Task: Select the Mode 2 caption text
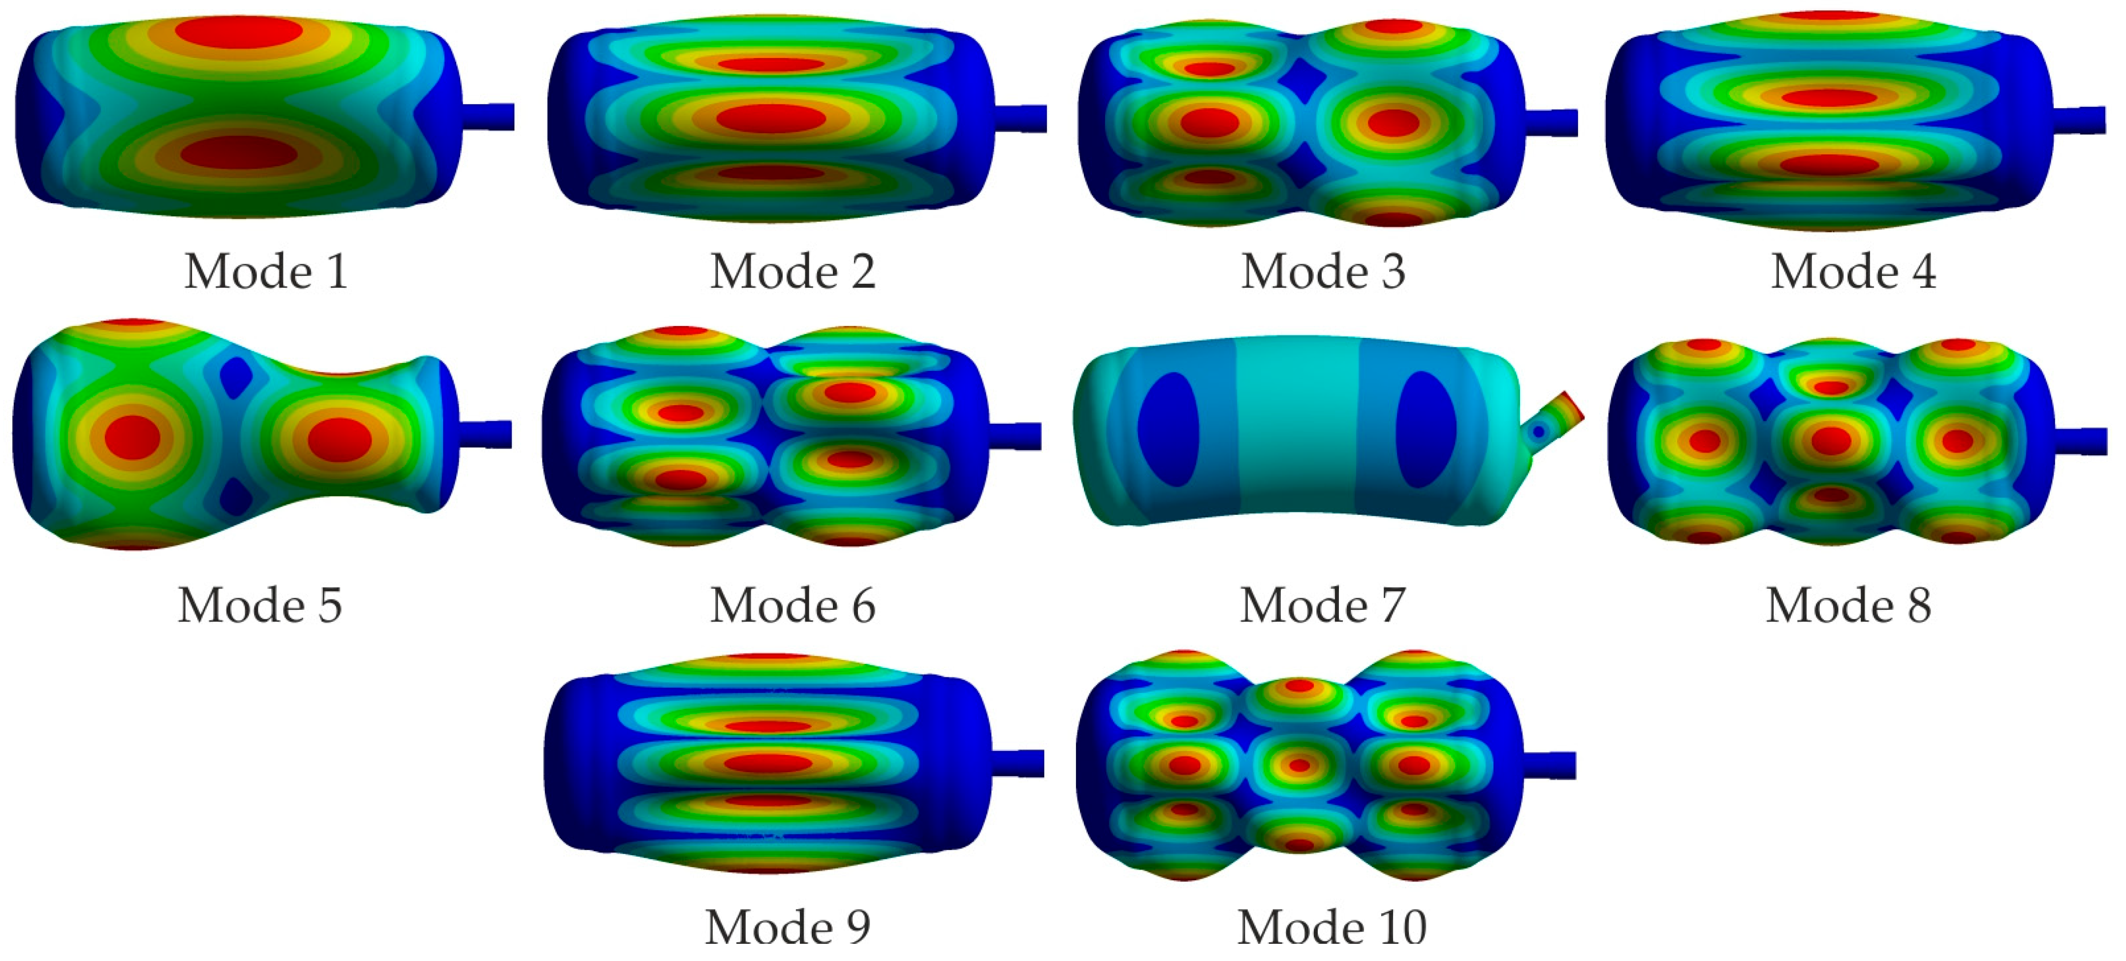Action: (x=793, y=271)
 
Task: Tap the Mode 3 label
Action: (x=1323, y=271)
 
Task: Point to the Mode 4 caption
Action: (x=1853, y=271)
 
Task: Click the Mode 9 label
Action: (x=788, y=927)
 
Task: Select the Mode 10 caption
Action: (x=1332, y=927)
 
